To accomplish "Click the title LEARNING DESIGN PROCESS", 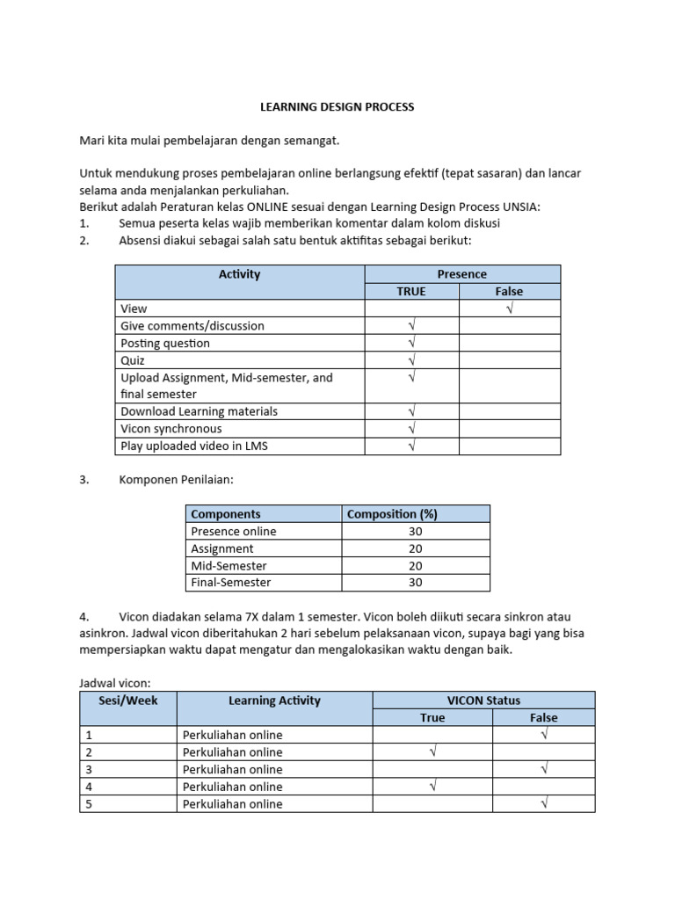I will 337,106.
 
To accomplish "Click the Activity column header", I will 239,274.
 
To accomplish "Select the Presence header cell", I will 461,274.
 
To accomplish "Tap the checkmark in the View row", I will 509,308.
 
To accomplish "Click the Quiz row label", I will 133,360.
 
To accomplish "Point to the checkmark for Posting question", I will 411,343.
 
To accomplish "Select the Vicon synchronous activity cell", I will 171,429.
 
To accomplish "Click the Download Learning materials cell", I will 199,411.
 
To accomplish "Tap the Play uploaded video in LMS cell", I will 193,446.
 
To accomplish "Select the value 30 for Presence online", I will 415,531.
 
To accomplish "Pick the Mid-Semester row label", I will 229,565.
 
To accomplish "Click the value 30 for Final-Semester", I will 415,582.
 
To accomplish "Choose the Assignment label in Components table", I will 222,548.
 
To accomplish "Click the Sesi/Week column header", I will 128,700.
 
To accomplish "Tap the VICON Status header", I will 483,700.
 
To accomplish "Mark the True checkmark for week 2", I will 432,752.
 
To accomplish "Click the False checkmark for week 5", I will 544,803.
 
